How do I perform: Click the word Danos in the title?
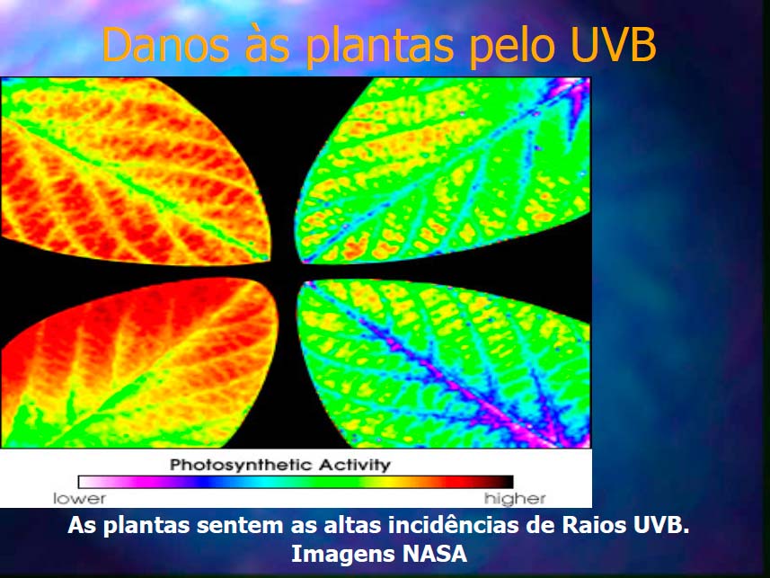click(165, 44)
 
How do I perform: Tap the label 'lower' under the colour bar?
click(79, 498)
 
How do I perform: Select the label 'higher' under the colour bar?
click(515, 499)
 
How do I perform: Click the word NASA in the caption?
click(435, 554)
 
